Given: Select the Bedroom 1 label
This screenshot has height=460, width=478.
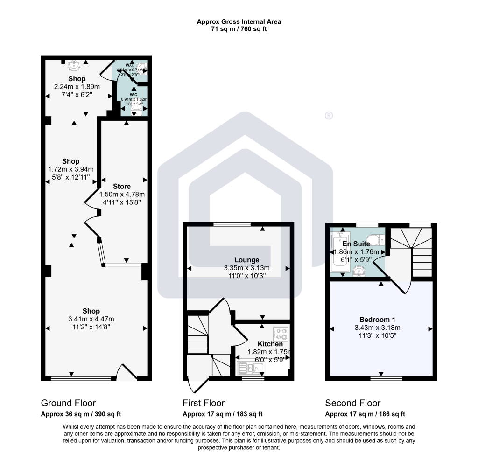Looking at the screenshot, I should tap(381, 319).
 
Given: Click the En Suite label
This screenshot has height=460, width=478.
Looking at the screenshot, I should tap(356, 244).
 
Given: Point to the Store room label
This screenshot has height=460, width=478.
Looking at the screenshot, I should tap(122, 187).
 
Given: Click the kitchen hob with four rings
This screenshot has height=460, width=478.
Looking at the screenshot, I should tap(281, 334).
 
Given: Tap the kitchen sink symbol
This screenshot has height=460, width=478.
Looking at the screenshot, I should tap(251, 369).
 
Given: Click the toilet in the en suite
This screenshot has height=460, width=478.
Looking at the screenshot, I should tap(377, 239).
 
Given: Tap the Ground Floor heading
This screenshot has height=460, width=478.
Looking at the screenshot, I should tap(69, 403).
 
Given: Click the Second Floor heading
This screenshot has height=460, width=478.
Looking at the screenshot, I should tap(353, 403).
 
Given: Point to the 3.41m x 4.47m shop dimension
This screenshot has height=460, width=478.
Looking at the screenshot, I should tap(91, 319).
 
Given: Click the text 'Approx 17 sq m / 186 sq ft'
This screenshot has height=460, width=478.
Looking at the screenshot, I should tap(365, 414).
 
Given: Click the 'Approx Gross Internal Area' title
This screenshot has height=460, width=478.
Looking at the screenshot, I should tap(239, 21).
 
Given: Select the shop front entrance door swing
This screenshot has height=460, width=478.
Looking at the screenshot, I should tap(126, 371).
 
